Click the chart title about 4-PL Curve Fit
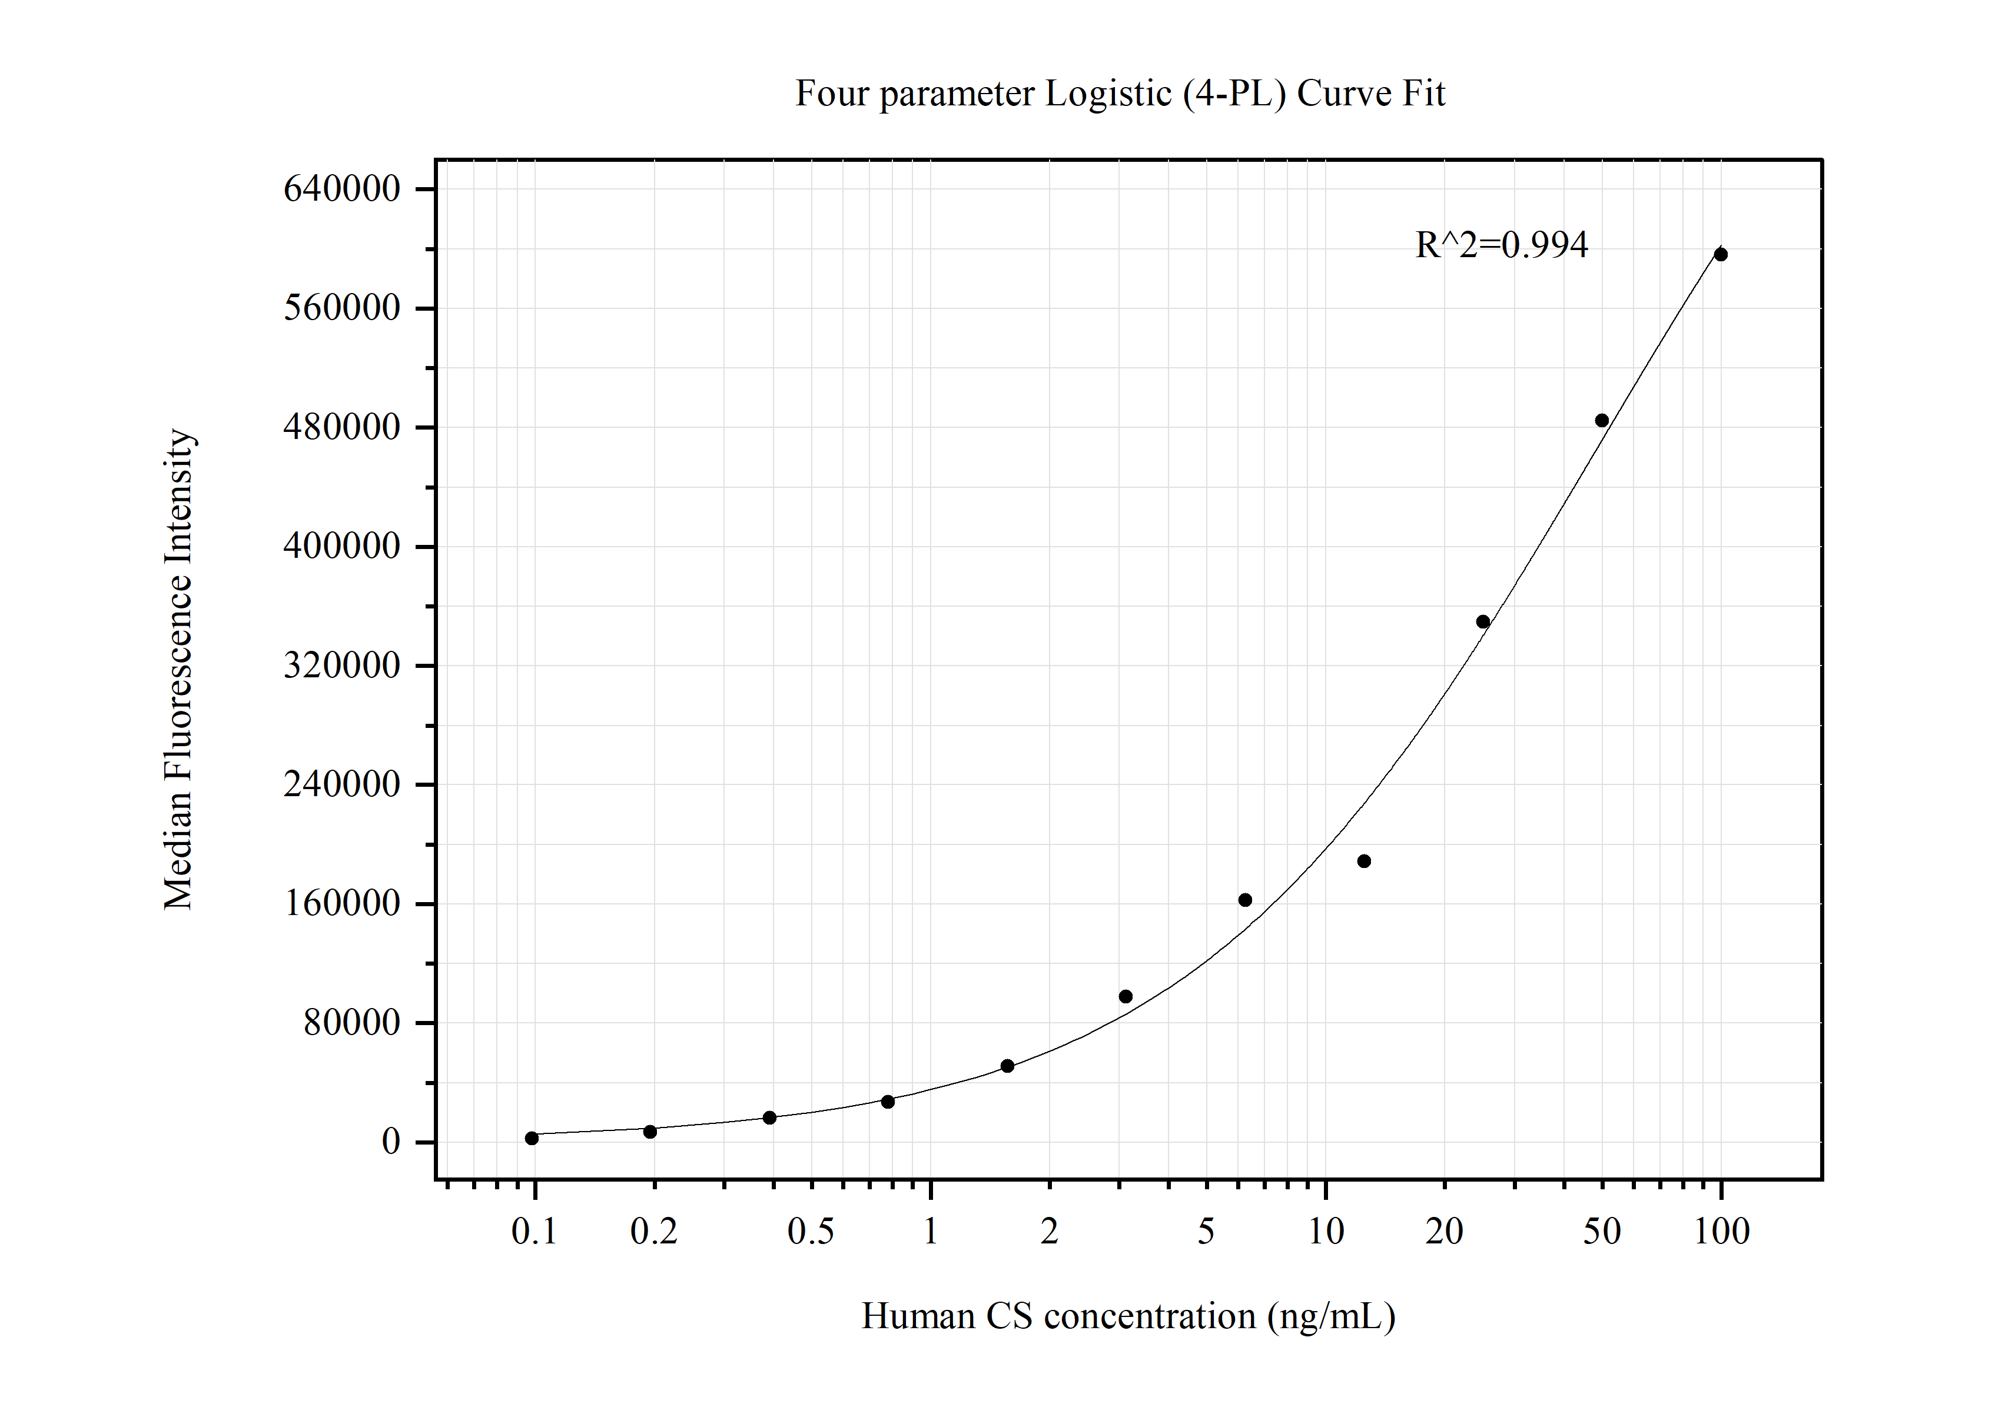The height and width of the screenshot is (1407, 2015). point(1120,93)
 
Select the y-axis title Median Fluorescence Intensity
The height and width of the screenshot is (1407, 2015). point(179,669)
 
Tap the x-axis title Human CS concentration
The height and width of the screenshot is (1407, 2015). point(1128,1316)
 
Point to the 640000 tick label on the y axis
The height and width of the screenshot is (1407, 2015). point(341,188)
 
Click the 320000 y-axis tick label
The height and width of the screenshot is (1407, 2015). point(341,665)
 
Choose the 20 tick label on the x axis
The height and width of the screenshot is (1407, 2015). point(1443,1232)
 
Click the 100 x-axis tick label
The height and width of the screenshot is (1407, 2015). point(1721,1232)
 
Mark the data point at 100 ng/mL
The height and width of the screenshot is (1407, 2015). point(1720,254)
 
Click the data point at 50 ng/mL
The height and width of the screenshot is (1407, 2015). point(1602,420)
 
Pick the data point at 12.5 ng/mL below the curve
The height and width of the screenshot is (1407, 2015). point(1364,862)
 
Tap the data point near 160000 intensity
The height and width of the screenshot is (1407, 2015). point(1244,900)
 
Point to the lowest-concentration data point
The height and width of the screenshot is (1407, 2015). point(531,1139)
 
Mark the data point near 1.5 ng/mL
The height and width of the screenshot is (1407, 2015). point(1008,1066)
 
